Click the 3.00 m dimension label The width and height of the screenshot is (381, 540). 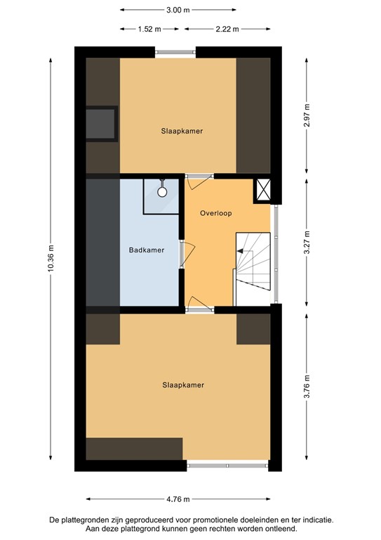coord(178,11)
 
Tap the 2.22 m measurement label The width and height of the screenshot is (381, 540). coord(225,30)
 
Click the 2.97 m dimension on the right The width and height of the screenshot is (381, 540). coord(307,115)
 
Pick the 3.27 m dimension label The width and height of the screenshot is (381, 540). coord(307,241)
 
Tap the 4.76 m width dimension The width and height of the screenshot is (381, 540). coord(178,499)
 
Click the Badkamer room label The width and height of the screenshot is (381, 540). coord(146,250)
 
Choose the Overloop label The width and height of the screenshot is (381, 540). coord(215,213)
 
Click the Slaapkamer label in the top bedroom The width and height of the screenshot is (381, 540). coord(177,131)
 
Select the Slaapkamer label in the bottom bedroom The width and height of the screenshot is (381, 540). coord(177,385)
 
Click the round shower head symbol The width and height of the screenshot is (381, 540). coord(161,191)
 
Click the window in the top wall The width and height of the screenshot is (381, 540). coord(175,51)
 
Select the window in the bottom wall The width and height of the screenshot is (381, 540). coord(227,464)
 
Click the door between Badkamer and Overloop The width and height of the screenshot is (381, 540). coord(183,254)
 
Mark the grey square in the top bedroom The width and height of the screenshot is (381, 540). coord(101,124)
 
